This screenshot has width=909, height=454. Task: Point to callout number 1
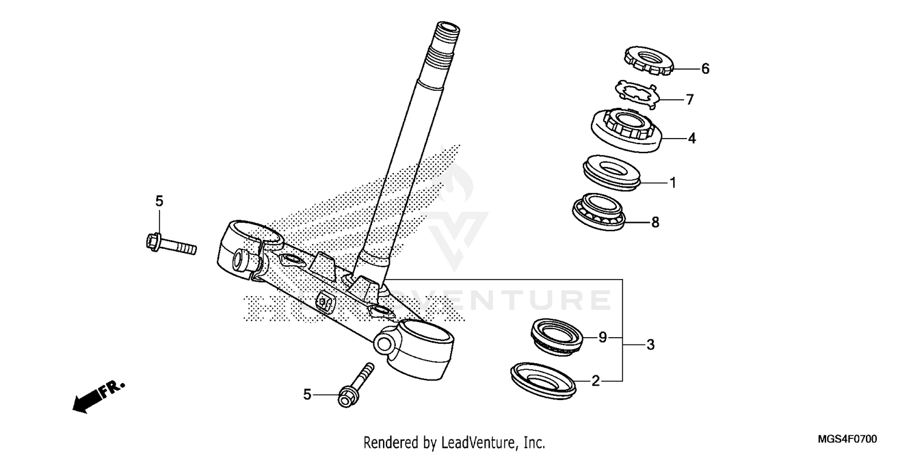(x=672, y=182)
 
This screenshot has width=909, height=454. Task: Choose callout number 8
(x=654, y=223)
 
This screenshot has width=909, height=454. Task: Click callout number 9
(x=602, y=338)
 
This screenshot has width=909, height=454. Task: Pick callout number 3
(x=650, y=346)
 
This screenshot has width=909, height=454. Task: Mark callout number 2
(x=596, y=381)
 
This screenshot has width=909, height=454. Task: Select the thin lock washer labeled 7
(x=636, y=94)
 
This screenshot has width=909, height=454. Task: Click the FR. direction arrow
(x=97, y=396)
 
